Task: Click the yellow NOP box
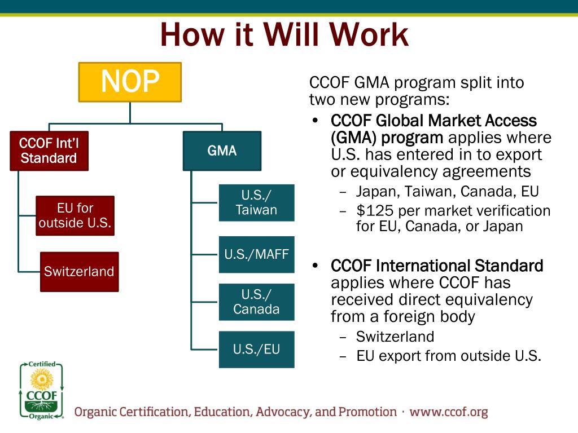pos(130,82)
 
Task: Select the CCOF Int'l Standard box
pos(49,151)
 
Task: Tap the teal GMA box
pos(222,151)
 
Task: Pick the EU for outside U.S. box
pos(75,216)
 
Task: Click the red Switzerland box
pos(79,272)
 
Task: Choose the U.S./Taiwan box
pos(256,203)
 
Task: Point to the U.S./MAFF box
pos(256,254)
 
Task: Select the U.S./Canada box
pos(256,302)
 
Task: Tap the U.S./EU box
pos(256,350)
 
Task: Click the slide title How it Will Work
pos(284,35)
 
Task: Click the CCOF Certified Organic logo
pos(41,391)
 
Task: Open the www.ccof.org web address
pos(448,412)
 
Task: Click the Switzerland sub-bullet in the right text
pos(395,337)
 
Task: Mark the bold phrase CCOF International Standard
pos(437,266)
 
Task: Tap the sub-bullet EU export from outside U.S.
pos(448,356)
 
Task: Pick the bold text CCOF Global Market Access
pos(433,121)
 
